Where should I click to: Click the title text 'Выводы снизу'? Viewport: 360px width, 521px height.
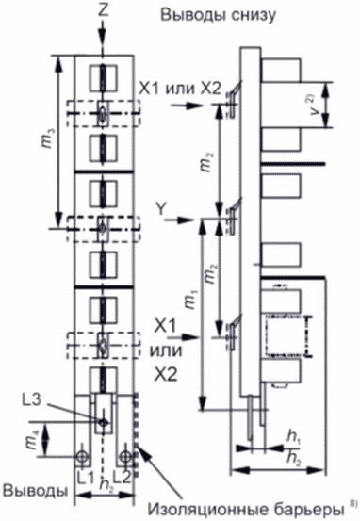(218, 16)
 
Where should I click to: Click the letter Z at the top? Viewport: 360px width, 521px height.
(104, 10)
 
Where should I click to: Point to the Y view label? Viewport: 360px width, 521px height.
(161, 209)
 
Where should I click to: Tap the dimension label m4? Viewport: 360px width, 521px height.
(34, 439)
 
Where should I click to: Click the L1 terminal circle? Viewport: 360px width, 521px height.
(82, 456)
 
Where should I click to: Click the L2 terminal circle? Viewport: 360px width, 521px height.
(125, 456)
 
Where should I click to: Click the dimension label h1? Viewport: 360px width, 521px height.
(292, 438)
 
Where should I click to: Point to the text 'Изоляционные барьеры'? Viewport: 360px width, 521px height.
(246, 509)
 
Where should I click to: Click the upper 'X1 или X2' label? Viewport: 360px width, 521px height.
(179, 89)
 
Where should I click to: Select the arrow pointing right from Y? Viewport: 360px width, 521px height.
(181, 220)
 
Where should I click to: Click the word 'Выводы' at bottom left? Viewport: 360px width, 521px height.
(35, 491)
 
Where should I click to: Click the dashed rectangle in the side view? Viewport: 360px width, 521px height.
(289, 336)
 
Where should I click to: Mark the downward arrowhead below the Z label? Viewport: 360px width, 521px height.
(103, 38)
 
